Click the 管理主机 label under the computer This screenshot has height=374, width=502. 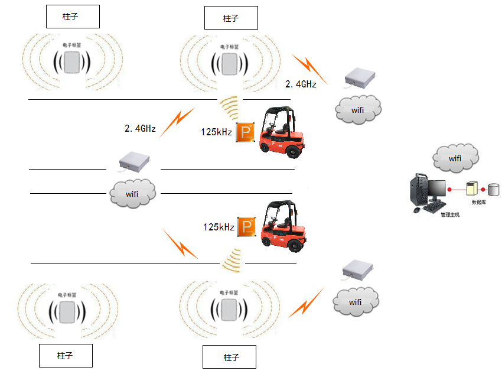450,214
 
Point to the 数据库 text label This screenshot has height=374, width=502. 478,202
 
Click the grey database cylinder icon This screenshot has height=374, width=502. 494,190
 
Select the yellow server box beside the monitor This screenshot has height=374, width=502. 471,188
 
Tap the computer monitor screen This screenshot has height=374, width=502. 437,188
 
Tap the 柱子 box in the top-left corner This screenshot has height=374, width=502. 73,18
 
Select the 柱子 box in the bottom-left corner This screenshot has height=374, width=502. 66,356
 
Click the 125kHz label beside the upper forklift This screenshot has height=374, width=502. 216,132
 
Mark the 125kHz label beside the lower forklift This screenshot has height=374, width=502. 219,227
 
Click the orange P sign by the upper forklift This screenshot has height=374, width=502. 245,132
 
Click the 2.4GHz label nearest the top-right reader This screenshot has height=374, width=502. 301,84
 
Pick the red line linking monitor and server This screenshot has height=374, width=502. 457,190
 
